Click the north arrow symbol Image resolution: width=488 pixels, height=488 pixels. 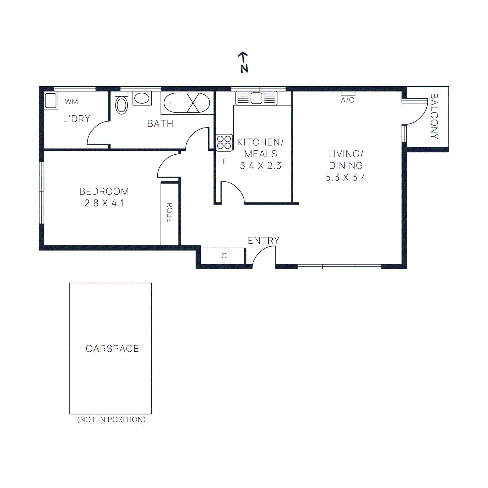[243, 62]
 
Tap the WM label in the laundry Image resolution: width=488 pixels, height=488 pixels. [71, 102]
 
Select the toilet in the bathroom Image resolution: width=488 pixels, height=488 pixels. [121, 105]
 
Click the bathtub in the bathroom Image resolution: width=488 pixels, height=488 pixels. [187, 103]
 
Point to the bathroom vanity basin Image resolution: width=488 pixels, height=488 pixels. [142, 98]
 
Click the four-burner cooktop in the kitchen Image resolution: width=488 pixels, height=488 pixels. [224, 142]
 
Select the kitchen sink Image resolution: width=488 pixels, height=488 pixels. [257, 98]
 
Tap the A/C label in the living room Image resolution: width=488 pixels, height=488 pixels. [348, 100]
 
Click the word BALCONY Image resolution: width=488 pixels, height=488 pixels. [434, 116]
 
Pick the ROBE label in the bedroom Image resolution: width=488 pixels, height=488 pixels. [170, 212]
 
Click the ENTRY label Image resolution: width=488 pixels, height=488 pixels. [264, 241]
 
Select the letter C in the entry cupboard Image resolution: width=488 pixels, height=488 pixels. [224, 256]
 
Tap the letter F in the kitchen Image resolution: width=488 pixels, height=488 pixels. [224, 161]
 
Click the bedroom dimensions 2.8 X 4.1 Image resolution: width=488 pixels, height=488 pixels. [104, 203]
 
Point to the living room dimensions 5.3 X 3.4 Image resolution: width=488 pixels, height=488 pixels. [346, 178]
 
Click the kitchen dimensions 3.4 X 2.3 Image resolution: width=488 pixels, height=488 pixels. [260, 166]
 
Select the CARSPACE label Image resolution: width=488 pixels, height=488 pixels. [112, 348]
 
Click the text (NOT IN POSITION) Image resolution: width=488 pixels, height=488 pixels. [111, 419]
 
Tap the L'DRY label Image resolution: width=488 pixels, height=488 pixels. [77, 119]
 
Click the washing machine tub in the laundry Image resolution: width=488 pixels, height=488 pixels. [51, 100]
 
